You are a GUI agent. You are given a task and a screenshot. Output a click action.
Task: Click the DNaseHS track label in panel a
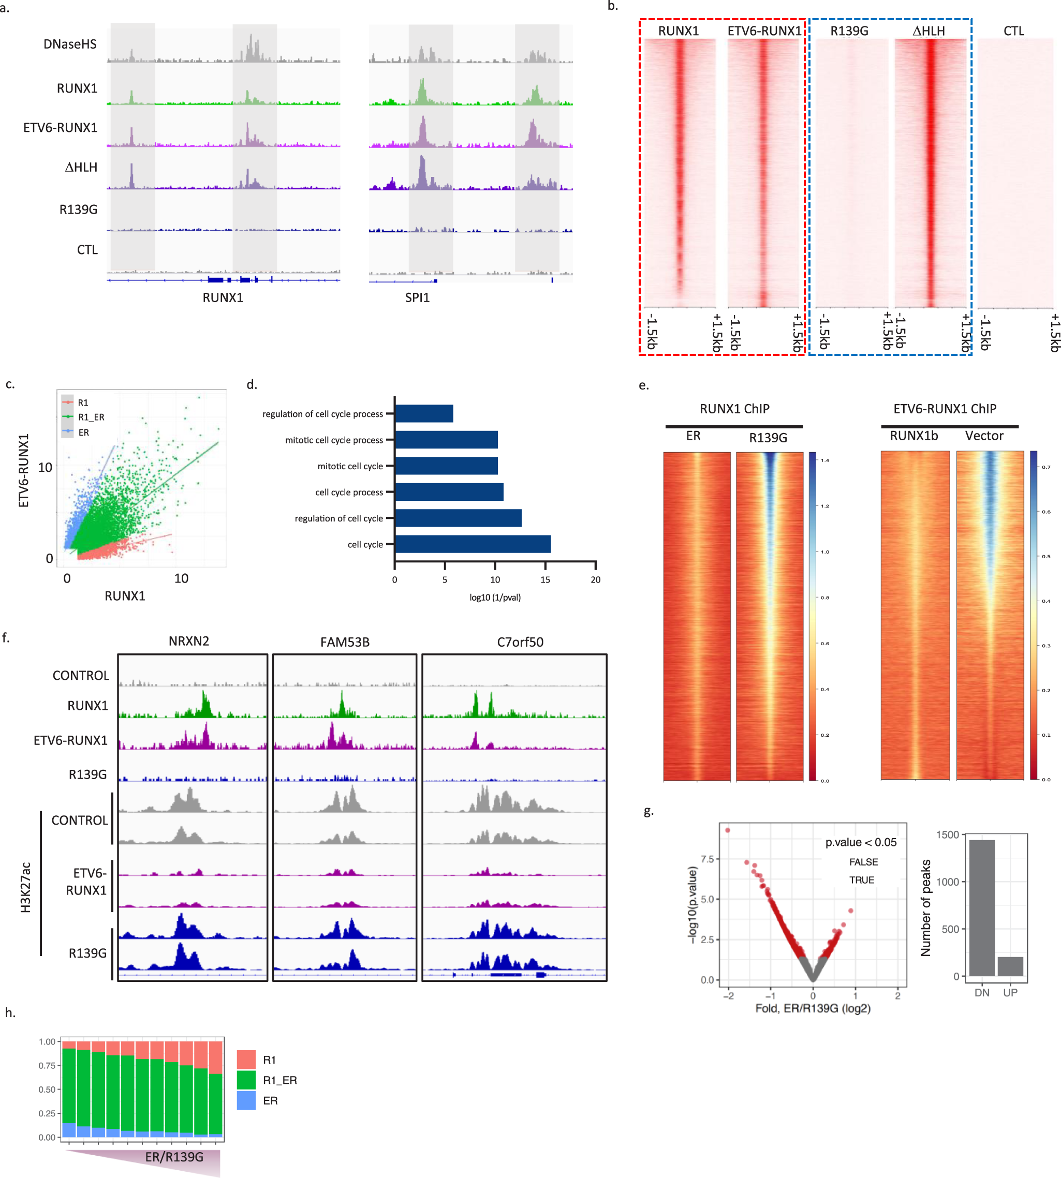pyautogui.click(x=70, y=44)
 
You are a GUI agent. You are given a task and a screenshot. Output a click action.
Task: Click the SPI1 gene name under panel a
pyautogui.click(x=417, y=297)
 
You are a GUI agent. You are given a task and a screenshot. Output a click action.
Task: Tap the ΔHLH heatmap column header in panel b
pyautogui.click(x=929, y=31)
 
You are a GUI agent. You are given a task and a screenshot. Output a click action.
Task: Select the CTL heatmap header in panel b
pyautogui.click(x=1014, y=31)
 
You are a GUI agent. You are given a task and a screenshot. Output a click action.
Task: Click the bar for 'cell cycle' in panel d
pyautogui.click(x=472, y=544)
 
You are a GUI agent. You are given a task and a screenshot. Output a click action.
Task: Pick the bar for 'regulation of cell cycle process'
pyautogui.click(x=424, y=414)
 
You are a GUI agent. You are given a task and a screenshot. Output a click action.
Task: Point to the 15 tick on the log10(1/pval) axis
pyautogui.click(x=545, y=579)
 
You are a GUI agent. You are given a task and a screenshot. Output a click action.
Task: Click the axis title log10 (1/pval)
pyautogui.click(x=495, y=597)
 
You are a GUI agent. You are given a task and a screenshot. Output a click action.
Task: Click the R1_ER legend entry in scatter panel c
pyautogui.click(x=91, y=417)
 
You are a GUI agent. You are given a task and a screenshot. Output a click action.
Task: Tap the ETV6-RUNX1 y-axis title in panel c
pyautogui.click(x=24, y=471)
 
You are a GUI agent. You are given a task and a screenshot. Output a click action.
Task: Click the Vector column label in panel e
pyautogui.click(x=984, y=436)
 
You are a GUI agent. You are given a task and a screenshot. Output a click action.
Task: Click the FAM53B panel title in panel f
pyautogui.click(x=345, y=642)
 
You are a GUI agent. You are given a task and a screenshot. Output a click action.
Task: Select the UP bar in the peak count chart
pyautogui.click(x=1010, y=966)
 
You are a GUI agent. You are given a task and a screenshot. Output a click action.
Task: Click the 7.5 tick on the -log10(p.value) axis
pyautogui.click(x=707, y=859)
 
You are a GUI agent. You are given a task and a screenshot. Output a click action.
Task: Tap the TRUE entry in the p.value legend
pyautogui.click(x=862, y=879)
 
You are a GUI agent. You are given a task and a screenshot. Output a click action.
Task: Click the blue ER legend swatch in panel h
pyautogui.click(x=246, y=1100)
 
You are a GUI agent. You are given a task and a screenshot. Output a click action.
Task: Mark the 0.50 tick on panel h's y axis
pyautogui.click(x=47, y=1090)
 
